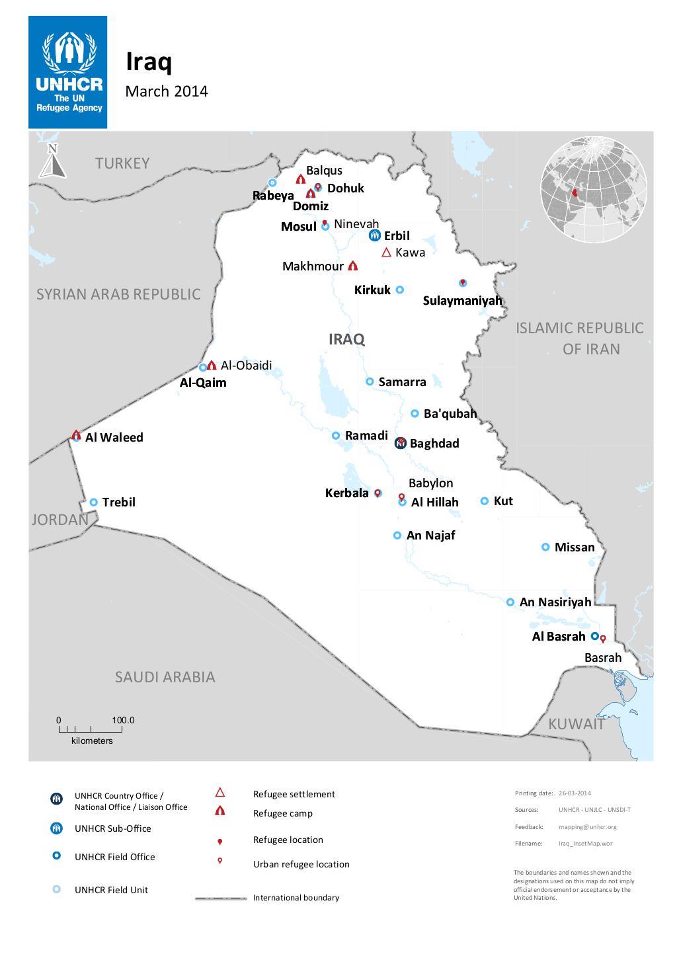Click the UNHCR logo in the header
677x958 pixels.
[x=67, y=73]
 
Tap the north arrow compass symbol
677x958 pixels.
[x=52, y=161]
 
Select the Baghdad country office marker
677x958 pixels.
[x=400, y=443]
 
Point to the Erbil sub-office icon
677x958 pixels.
[x=374, y=235]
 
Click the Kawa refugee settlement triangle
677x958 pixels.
[x=387, y=252]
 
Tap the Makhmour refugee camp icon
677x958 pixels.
[x=352, y=266]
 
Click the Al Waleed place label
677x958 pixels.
[x=114, y=437]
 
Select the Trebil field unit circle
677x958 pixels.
[x=94, y=502]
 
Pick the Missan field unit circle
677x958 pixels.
[x=545, y=547]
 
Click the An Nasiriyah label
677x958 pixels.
[x=555, y=602]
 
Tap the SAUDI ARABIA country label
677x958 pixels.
[x=165, y=677]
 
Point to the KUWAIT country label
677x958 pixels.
[x=576, y=724]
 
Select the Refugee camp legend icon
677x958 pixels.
[x=220, y=812]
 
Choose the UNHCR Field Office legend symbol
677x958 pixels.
[x=57, y=856]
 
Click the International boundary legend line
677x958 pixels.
[x=221, y=898]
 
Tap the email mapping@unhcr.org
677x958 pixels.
[x=587, y=826]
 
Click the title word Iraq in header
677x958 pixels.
[x=149, y=62]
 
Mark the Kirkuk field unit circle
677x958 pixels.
[x=399, y=290]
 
